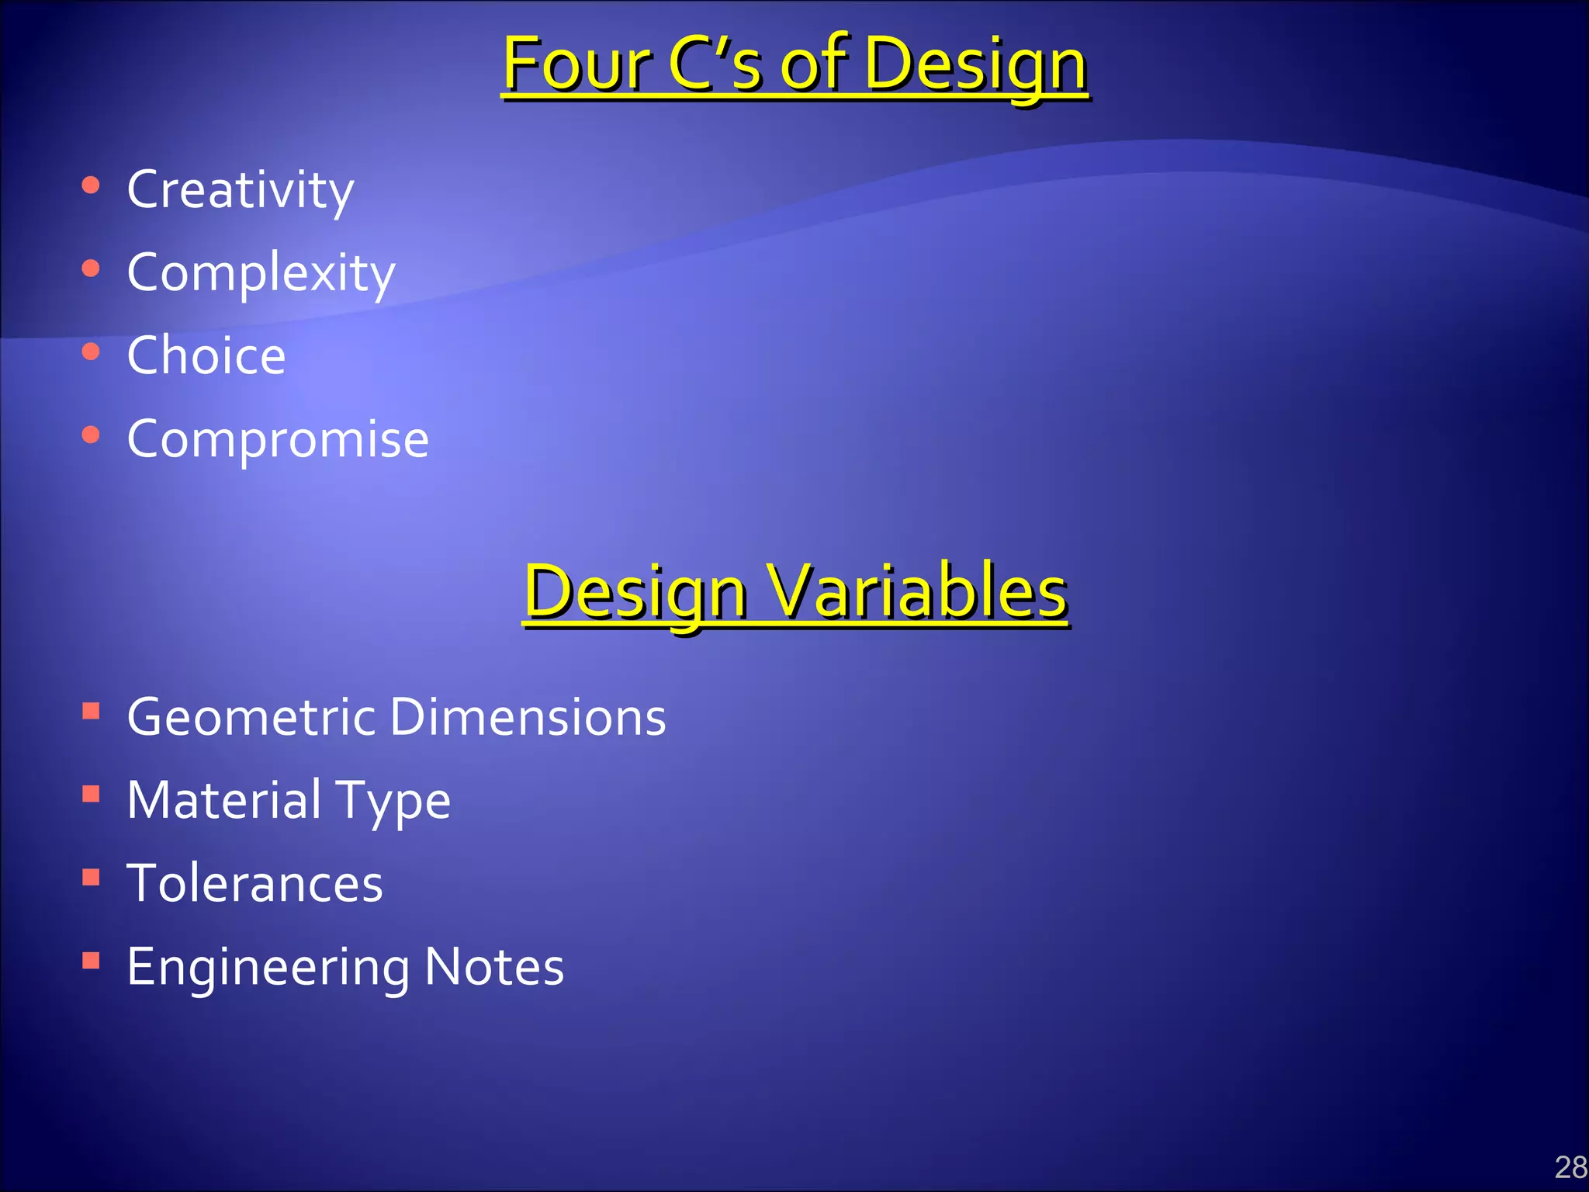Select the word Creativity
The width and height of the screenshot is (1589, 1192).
pyautogui.click(x=241, y=189)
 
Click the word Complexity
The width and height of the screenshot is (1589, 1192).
pyautogui.click(x=261, y=273)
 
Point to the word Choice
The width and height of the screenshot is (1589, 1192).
pyautogui.click(x=206, y=355)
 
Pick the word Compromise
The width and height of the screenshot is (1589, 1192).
pyautogui.click(x=278, y=439)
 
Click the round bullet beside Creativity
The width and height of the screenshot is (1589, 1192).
pyautogui.click(x=91, y=185)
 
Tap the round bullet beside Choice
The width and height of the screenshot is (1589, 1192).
pyautogui.click(x=91, y=352)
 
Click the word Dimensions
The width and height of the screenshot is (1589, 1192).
pyautogui.click(x=528, y=716)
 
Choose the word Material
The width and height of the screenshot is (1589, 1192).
pyautogui.click(x=224, y=800)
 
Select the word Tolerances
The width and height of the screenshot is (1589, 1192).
pyautogui.click(x=255, y=883)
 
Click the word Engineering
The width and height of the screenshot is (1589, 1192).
pyautogui.click(x=268, y=968)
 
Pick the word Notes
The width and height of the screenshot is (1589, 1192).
pyautogui.click(x=494, y=967)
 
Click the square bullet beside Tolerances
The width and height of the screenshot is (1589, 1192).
pyautogui.click(x=92, y=877)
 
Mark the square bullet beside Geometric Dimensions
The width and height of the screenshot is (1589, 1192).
pyautogui.click(x=92, y=710)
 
